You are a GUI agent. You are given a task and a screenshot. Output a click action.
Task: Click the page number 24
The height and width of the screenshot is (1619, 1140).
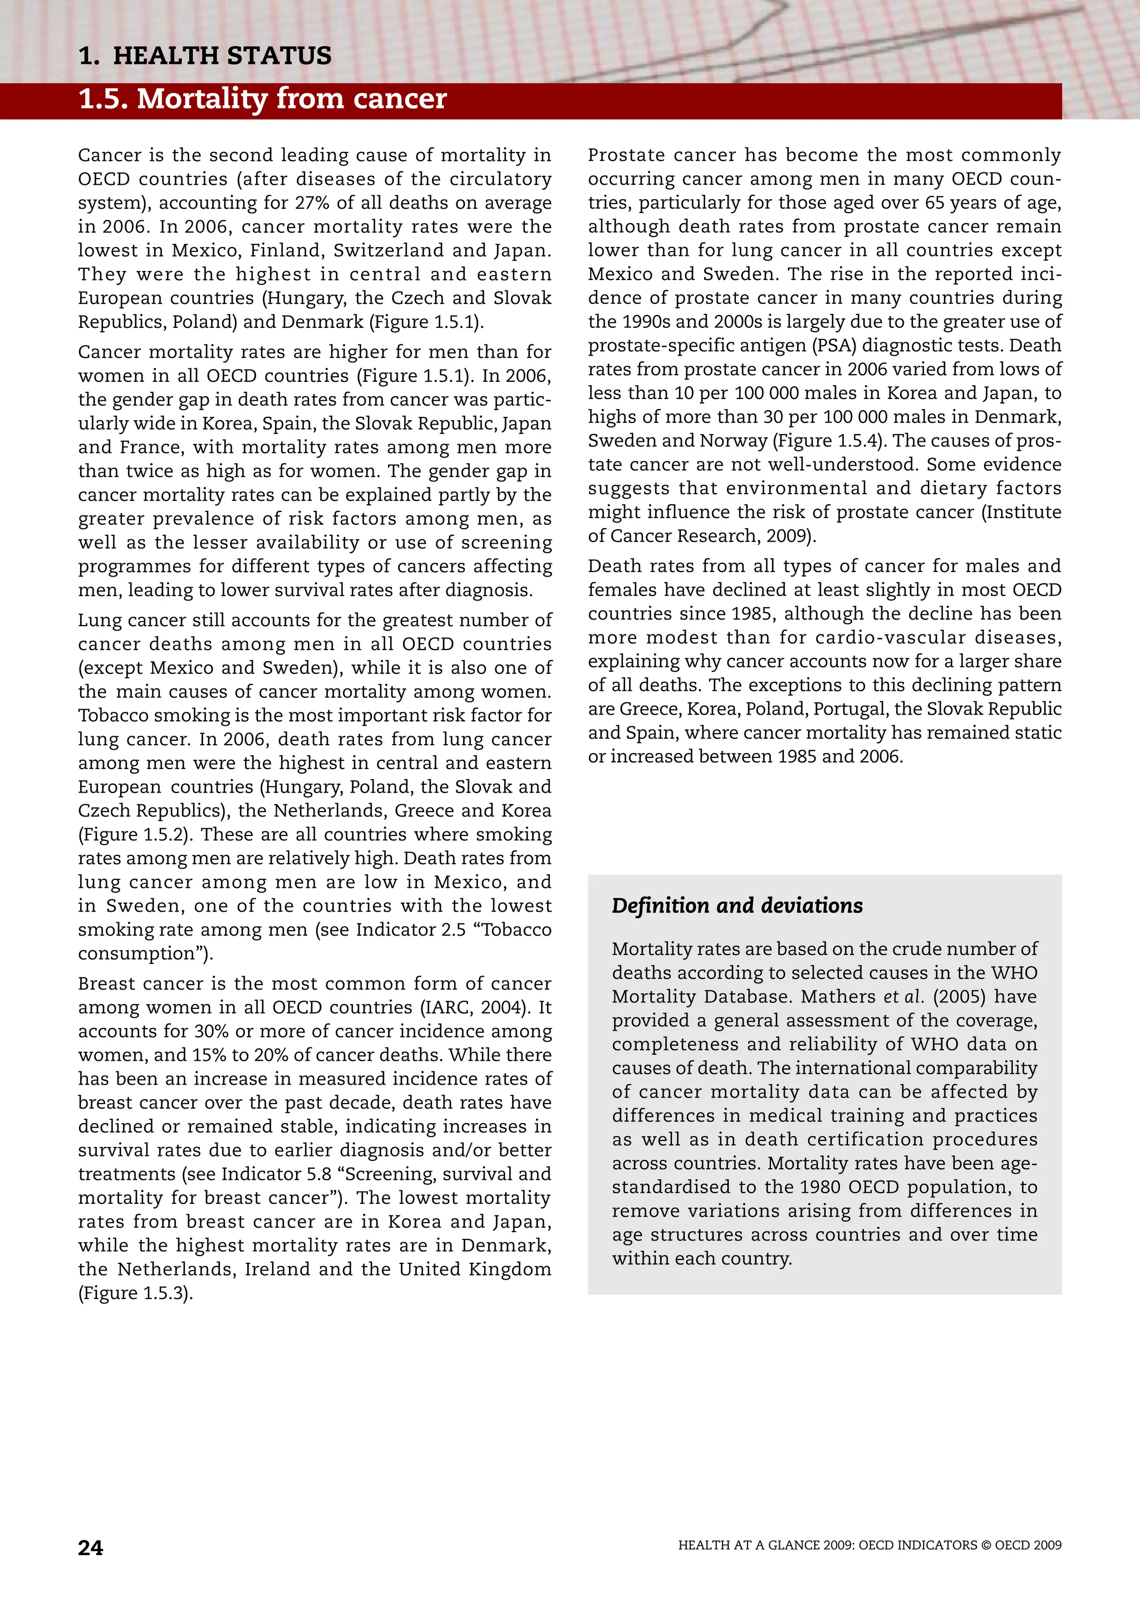[x=90, y=1548]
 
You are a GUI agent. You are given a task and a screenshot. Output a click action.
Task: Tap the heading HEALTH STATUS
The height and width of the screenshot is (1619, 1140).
[x=222, y=56]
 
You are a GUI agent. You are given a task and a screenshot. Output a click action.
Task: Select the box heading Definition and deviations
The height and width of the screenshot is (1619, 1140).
[x=736, y=906]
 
